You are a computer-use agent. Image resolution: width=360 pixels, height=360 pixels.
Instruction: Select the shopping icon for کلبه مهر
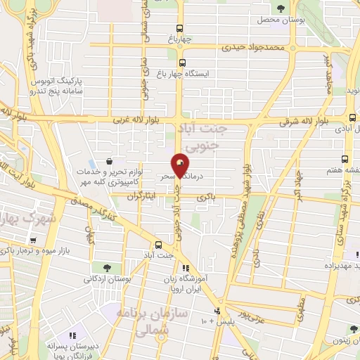pos(108,161)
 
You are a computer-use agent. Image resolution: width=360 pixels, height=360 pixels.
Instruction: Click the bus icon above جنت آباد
pos(157,245)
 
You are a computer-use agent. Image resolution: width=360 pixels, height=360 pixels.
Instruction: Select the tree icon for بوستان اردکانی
pos(106,268)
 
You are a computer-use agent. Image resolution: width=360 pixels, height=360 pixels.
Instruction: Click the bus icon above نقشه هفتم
pos(345,159)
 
